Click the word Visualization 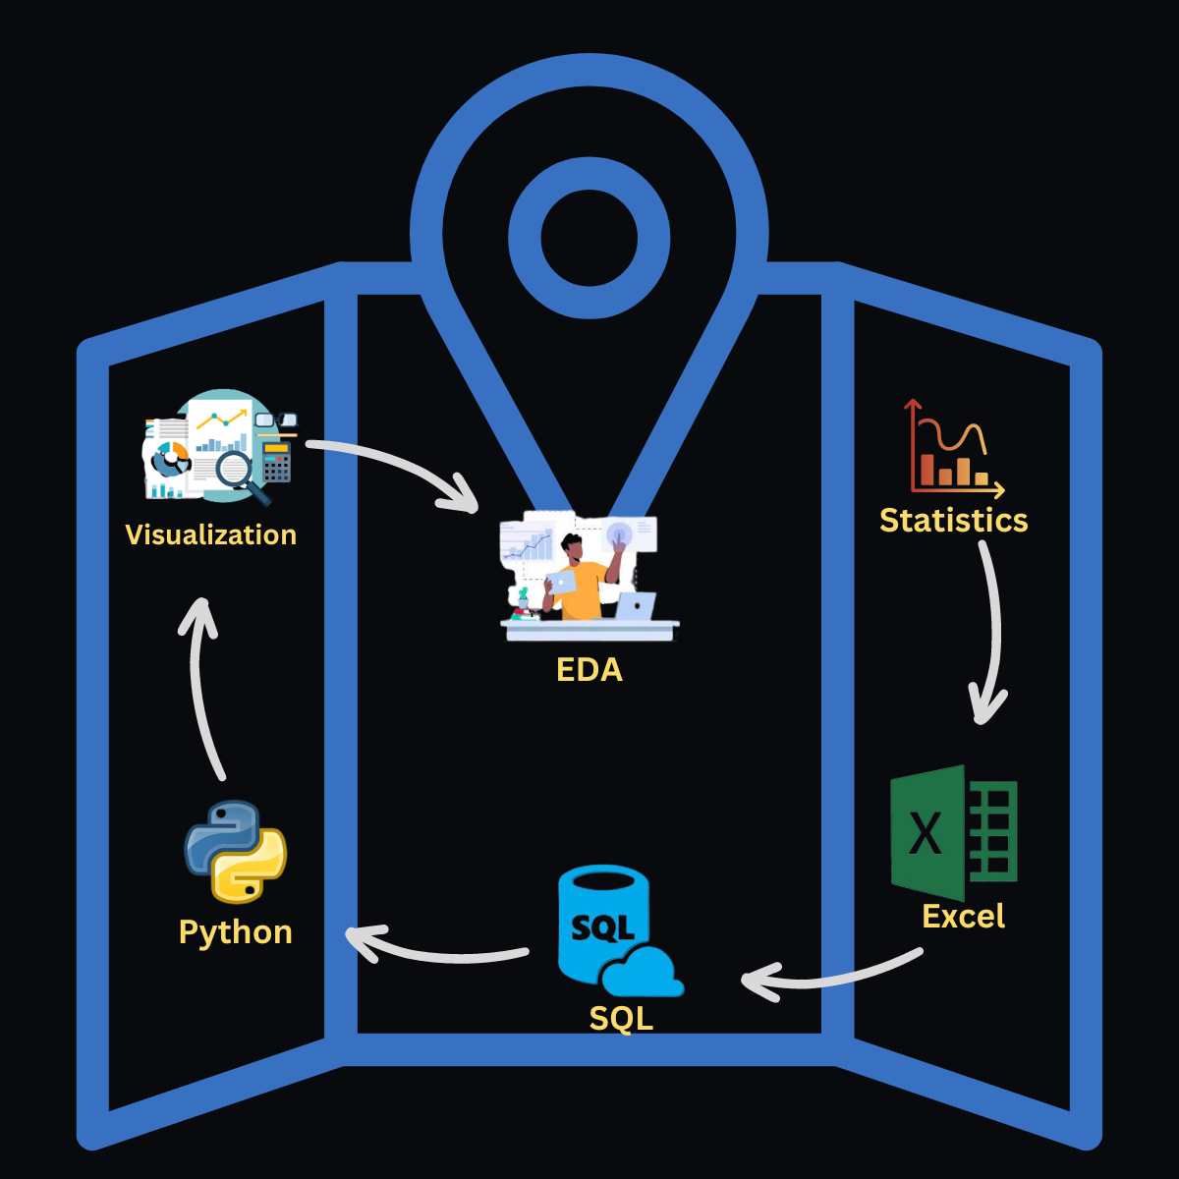point(210,534)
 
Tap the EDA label point(589,670)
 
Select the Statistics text point(953,520)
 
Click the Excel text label point(963,917)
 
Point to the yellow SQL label point(621,1018)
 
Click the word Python point(236,931)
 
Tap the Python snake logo point(236,851)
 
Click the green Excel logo point(953,832)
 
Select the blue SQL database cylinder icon point(602,924)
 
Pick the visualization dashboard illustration point(220,447)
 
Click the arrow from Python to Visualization point(202,688)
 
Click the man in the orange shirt point(584,580)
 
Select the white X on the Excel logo point(926,833)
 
